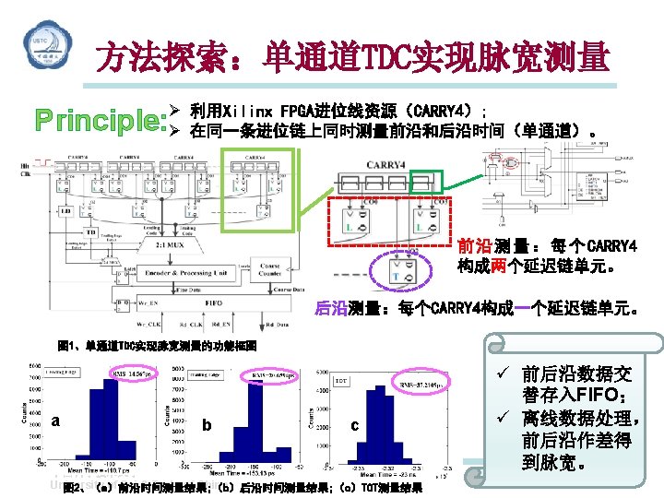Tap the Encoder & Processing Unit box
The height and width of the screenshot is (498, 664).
click(x=184, y=273)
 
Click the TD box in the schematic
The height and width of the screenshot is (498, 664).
click(x=90, y=232)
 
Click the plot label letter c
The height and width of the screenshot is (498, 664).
click(x=354, y=426)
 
